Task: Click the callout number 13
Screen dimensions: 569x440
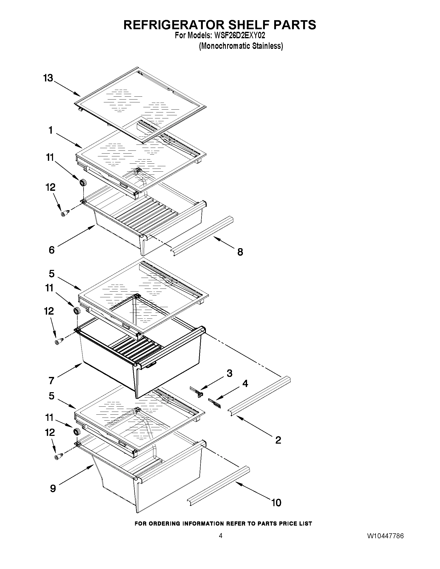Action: [x=48, y=78]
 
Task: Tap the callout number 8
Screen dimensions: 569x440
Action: [x=240, y=252]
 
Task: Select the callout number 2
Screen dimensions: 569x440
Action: [x=278, y=440]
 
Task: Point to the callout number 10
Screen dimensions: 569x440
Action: [x=276, y=503]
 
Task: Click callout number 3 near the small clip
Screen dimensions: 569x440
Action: [x=229, y=373]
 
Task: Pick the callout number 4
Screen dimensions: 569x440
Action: [x=245, y=383]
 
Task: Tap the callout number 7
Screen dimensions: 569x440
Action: [x=51, y=381]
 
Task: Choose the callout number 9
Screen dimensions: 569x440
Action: [x=53, y=488]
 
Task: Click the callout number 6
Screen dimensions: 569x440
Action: [x=52, y=250]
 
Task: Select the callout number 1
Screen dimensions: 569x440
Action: [x=50, y=130]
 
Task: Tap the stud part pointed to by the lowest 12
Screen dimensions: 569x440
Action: [x=58, y=456]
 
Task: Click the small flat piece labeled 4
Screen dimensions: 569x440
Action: [x=214, y=403]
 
